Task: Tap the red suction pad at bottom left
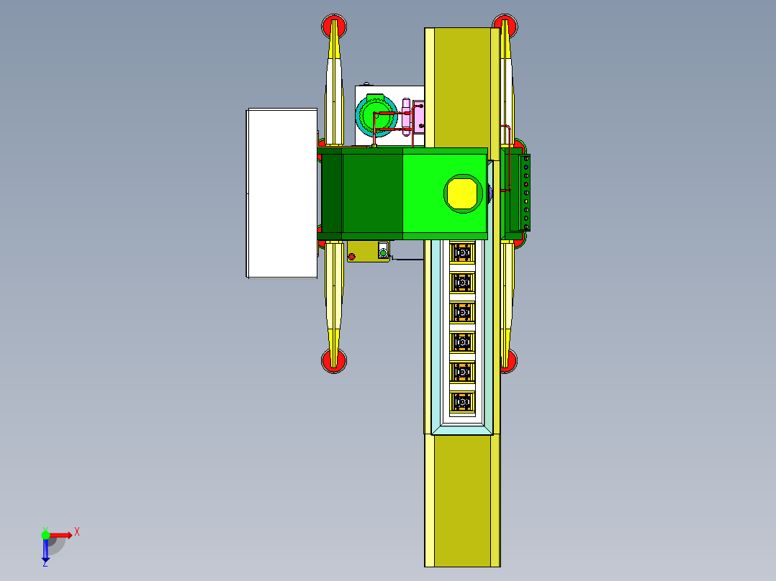pos(333,361)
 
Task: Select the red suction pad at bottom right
pos(508,361)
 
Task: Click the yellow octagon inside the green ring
pos(461,193)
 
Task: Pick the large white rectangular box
pos(282,193)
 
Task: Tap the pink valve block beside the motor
pos(419,117)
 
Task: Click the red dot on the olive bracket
pos(351,257)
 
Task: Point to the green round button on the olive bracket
pos(384,251)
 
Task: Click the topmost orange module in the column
pos(461,252)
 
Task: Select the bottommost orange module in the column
pos(461,402)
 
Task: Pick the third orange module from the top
pos(461,312)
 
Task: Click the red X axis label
pos(77,532)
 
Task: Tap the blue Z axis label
pos(45,563)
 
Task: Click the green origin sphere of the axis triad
pos(45,534)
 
